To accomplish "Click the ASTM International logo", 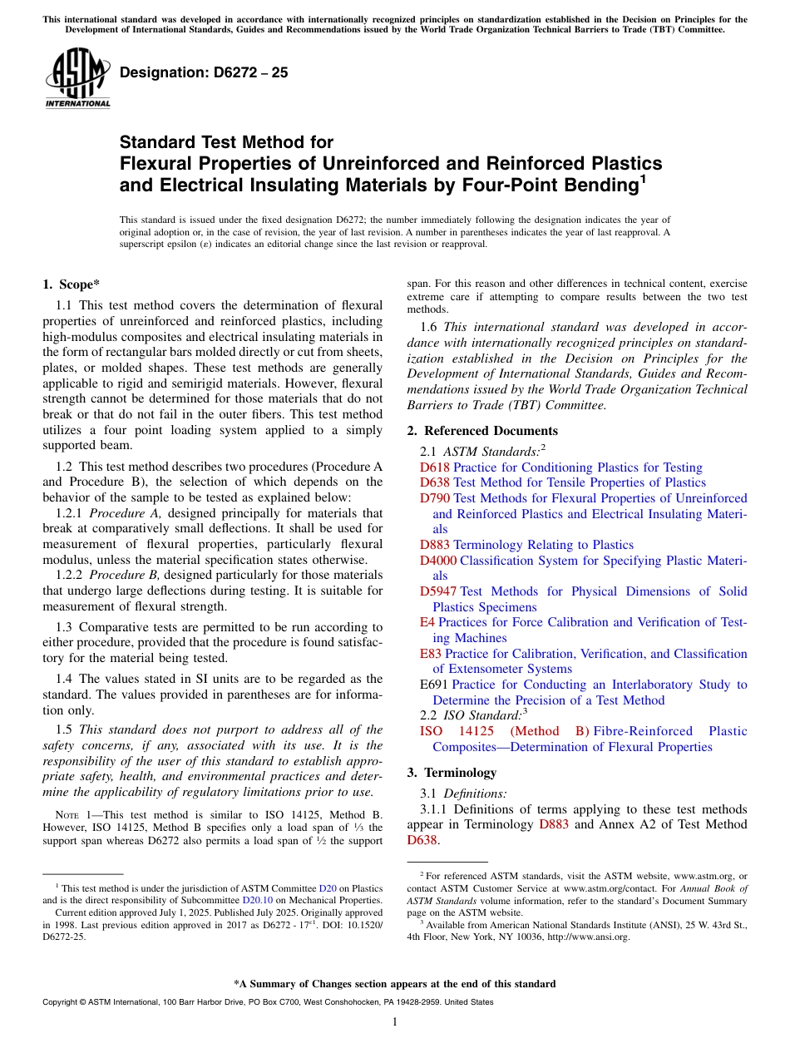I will (x=77, y=77).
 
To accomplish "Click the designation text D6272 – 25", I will (x=204, y=72).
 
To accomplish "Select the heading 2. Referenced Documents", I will (x=482, y=430).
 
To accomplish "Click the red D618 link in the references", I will (x=434, y=467).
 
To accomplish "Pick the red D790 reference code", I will (x=434, y=498).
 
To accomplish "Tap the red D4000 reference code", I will (x=438, y=561).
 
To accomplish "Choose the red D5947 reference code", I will (x=438, y=591).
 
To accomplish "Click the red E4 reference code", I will (x=427, y=622).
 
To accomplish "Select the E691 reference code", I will (x=434, y=685).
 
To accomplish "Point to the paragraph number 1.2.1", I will (x=70, y=513).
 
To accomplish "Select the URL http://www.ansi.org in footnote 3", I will (x=590, y=937).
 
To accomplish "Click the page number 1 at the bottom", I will (x=395, y=1022).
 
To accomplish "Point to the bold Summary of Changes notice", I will (x=394, y=984).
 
